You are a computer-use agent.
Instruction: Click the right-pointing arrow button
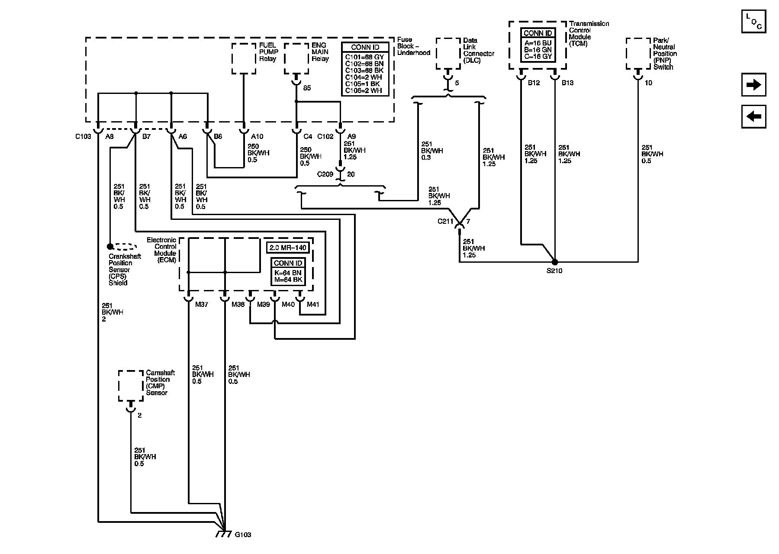coord(753,84)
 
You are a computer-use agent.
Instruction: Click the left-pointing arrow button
coord(753,116)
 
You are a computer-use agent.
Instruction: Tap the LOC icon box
coord(753,22)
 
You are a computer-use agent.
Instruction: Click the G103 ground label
coord(243,535)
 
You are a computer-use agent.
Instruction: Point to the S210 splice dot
coord(555,262)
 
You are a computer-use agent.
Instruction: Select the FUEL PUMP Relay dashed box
coord(244,58)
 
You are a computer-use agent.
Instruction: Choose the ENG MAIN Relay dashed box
coord(296,58)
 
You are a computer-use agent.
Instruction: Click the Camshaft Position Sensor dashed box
coord(131,386)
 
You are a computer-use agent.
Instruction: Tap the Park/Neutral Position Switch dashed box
coord(638,54)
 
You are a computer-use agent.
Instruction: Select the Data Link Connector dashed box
coord(448,54)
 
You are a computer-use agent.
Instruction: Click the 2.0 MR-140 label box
coord(288,248)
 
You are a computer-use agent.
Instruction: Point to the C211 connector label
coord(445,222)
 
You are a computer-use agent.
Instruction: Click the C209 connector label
coord(325,174)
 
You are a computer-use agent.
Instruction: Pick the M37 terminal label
coord(202,305)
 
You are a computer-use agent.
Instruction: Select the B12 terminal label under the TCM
coord(534,83)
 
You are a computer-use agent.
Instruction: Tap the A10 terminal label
coord(257,137)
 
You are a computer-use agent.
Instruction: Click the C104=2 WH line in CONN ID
coord(364,77)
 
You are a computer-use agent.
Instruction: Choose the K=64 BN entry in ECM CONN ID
coord(288,273)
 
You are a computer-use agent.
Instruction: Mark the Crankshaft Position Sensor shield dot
coord(110,246)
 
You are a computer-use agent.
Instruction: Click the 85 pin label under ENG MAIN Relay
coord(307,88)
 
